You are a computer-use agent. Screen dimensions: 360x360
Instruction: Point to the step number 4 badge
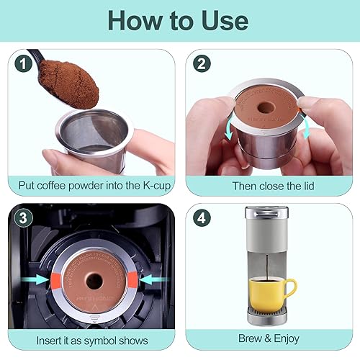click(203, 217)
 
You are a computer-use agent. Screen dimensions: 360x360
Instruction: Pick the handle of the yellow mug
click(289, 288)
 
